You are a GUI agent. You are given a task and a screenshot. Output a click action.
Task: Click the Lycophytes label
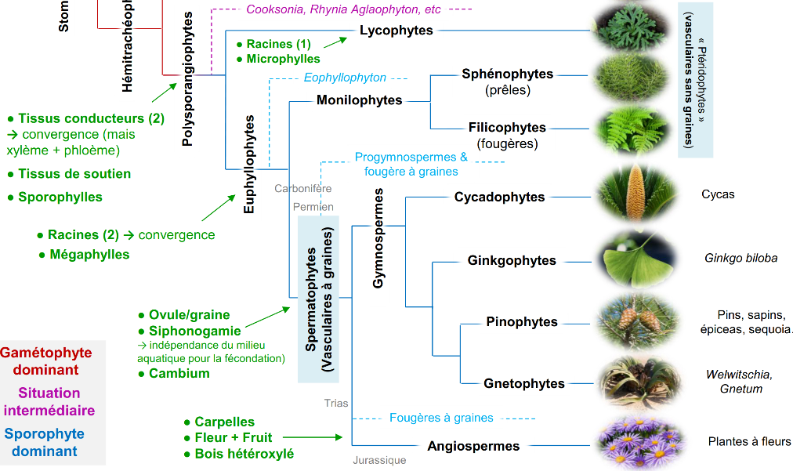click(396, 31)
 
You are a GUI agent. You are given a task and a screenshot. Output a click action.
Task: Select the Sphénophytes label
click(507, 74)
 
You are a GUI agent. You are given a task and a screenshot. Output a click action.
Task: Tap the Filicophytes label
click(507, 128)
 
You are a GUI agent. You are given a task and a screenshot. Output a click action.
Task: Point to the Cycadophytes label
click(499, 197)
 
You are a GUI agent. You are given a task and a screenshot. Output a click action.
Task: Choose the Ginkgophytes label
click(512, 260)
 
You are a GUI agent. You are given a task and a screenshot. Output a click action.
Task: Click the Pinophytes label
click(521, 322)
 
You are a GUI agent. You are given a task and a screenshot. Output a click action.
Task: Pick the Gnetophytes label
click(524, 383)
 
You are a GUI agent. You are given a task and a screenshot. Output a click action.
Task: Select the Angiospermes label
click(473, 446)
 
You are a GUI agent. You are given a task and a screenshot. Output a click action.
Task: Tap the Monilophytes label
click(360, 100)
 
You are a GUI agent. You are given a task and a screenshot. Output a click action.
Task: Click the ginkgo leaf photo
click(635, 257)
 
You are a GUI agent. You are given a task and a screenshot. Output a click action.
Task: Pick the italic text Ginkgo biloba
click(740, 258)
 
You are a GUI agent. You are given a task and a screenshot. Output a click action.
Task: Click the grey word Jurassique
click(379, 461)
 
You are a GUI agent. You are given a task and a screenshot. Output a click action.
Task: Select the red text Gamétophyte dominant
click(46, 361)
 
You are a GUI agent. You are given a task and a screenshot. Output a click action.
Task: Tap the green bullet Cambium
click(179, 374)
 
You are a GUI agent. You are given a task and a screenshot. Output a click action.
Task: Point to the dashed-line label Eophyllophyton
click(345, 78)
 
